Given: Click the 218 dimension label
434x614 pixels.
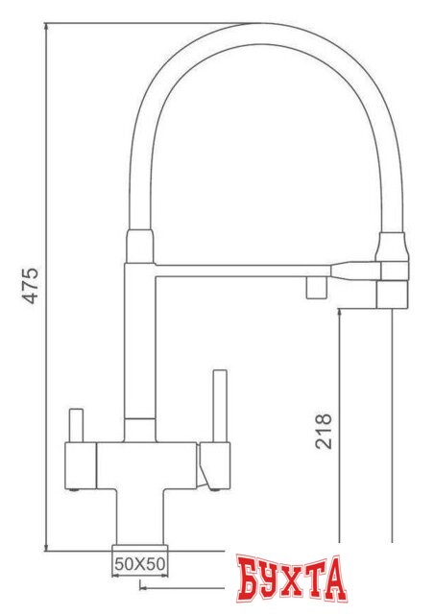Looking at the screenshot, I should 323,432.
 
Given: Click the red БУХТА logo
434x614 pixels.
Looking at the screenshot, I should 291,580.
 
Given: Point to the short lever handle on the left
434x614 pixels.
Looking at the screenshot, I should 77,426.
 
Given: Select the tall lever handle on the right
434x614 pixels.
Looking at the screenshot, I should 218,406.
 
